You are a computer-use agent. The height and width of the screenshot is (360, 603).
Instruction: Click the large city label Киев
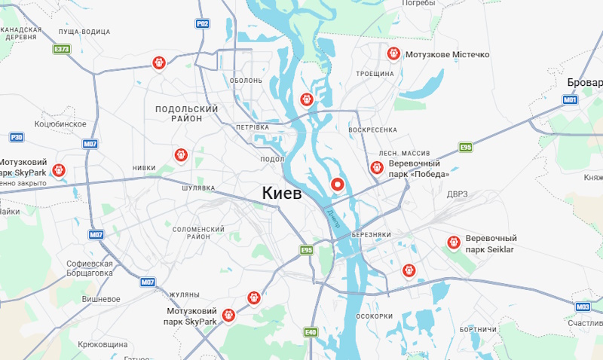point(282,193)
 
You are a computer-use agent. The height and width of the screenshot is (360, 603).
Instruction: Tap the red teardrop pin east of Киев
point(338,184)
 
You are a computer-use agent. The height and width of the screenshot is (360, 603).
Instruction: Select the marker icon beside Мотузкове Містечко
point(393,54)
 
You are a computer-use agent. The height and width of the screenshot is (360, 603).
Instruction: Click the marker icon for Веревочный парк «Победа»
point(376,168)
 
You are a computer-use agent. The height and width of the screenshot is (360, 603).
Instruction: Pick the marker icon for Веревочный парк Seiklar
point(453,243)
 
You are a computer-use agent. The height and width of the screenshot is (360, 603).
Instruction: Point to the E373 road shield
point(62,50)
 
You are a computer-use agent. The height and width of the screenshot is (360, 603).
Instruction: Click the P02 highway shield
point(202,24)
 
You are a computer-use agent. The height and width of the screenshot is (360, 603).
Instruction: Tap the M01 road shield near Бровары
point(570,99)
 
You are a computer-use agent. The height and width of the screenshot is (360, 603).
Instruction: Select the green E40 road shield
point(311,331)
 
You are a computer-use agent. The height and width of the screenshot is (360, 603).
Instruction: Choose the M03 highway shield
point(582,307)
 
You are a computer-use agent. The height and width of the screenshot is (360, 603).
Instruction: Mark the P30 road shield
point(17,137)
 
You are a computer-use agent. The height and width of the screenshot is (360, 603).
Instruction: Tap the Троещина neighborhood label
point(375,74)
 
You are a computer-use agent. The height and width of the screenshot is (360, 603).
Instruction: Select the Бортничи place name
point(476,330)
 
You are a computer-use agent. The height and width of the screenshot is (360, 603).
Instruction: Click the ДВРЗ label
point(457,194)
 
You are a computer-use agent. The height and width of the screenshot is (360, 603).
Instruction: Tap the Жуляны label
point(184,294)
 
